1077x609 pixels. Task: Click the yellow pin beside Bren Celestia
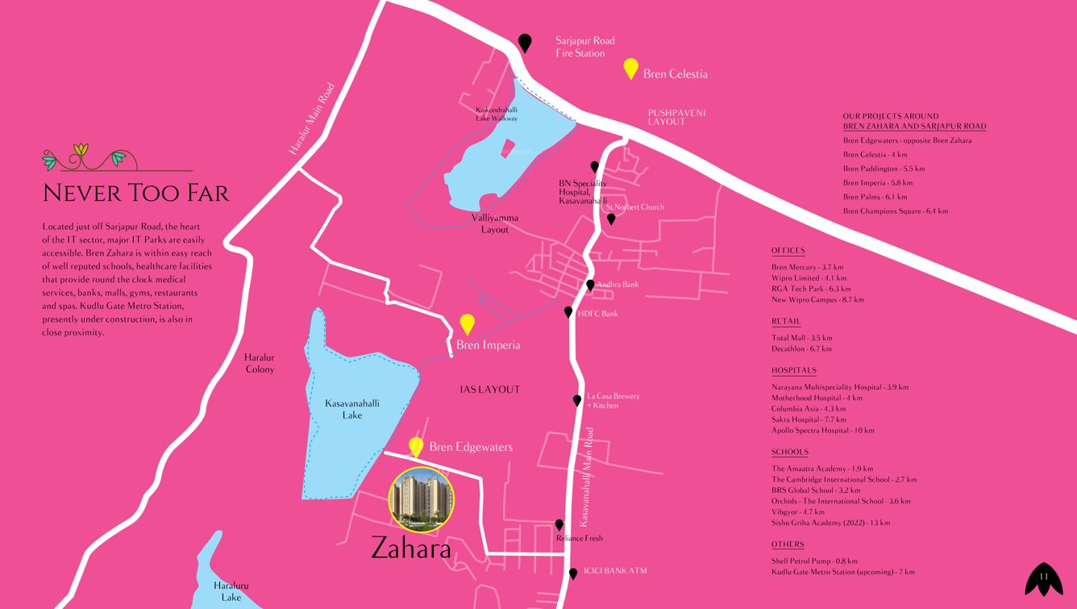tap(631, 69)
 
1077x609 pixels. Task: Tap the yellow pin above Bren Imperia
tap(467, 324)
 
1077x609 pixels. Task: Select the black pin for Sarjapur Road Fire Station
tap(525, 43)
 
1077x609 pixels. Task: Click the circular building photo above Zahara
tap(422, 499)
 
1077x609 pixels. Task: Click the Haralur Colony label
tap(260, 363)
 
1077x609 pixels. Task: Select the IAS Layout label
tap(489, 390)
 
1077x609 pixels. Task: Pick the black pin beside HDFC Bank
tap(568, 312)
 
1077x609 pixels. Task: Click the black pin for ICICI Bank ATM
tap(573, 574)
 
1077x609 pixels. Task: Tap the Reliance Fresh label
tap(579, 538)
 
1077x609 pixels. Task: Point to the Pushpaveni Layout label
tap(676, 117)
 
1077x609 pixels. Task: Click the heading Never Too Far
tap(135, 194)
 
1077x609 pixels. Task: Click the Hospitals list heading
tap(793, 370)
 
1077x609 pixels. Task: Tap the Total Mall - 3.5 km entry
tap(801, 338)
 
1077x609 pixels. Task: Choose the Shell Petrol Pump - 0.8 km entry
tap(814, 561)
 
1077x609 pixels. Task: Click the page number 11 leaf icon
tap(1043, 578)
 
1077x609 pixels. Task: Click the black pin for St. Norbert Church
tap(611, 219)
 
